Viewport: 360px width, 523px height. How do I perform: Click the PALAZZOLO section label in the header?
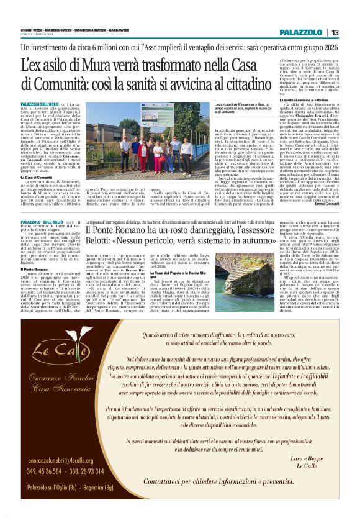pyautogui.click(x=300, y=32)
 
